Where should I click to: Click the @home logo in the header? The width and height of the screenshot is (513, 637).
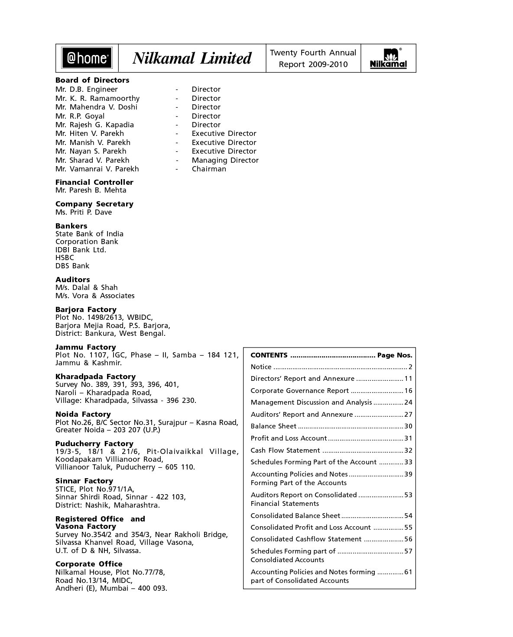click(x=87, y=58)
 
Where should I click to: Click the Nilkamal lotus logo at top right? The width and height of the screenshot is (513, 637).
click(x=388, y=58)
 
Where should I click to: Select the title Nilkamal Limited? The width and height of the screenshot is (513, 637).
click(x=192, y=58)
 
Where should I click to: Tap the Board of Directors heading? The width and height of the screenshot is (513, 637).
click(x=92, y=80)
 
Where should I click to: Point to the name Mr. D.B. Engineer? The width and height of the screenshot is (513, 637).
click(x=87, y=89)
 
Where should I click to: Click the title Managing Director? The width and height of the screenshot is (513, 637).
click(x=225, y=160)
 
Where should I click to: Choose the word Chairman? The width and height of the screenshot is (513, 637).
click(x=209, y=169)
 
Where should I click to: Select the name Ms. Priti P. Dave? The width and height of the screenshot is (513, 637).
click(x=84, y=212)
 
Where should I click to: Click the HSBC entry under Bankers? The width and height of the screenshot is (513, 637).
click(x=65, y=257)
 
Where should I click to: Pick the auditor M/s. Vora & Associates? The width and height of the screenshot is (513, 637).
click(x=95, y=296)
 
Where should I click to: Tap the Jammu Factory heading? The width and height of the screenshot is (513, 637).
click(x=86, y=347)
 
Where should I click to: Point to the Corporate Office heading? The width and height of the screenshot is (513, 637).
click(x=89, y=564)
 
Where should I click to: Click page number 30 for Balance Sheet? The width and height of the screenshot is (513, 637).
click(x=408, y=426)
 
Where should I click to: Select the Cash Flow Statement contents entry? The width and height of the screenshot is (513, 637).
click(x=285, y=450)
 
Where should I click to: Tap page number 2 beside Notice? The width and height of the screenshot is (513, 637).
click(x=410, y=367)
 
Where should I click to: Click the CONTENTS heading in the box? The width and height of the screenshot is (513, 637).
click(x=269, y=355)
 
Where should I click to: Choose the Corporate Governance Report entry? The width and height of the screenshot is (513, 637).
click(x=300, y=391)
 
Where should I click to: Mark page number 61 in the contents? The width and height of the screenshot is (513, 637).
click(x=408, y=572)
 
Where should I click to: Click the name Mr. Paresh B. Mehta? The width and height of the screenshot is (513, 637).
click(x=91, y=190)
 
